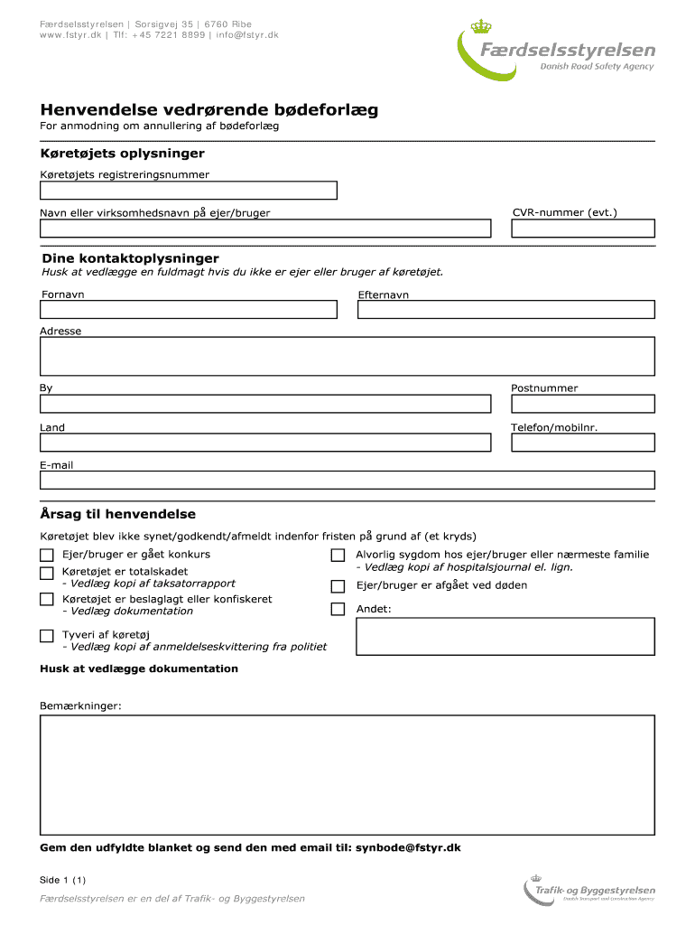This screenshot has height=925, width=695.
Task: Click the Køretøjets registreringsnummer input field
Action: click(188, 190)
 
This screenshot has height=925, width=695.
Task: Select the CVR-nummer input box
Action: click(582, 229)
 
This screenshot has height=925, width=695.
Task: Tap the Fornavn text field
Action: click(188, 309)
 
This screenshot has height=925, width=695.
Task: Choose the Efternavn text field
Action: click(505, 309)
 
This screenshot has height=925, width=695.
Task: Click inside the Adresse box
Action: click(347, 356)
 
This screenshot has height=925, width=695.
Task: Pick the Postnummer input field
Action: click(582, 403)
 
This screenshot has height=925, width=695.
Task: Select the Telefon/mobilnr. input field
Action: click(582, 443)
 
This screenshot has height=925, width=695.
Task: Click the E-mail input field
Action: click(347, 480)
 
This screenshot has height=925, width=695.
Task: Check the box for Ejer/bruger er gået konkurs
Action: click(46, 555)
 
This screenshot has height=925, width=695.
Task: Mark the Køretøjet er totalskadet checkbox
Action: click(46, 573)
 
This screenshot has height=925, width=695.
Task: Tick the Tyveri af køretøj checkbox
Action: click(46, 636)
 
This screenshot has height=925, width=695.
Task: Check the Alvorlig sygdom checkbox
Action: click(338, 555)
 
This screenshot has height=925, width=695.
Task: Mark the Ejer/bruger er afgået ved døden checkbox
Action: click(338, 585)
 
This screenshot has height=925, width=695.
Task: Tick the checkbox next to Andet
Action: click(338, 609)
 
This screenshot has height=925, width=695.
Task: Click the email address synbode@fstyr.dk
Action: click(408, 848)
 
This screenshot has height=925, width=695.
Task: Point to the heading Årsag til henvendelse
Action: click(117, 514)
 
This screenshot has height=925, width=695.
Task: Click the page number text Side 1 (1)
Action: click(62, 880)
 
